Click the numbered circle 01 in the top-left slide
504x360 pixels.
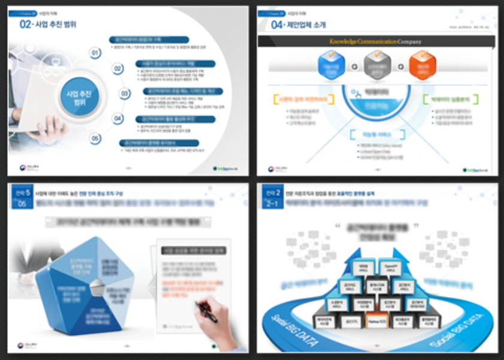pyautogui.click(x=95, y=53)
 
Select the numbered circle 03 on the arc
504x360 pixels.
pyautogui.click(x=125, y=93)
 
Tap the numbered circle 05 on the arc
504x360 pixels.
pyautogui.click(x=95, y=138)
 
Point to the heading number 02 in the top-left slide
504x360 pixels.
pyautogui.click(x=25, y=24)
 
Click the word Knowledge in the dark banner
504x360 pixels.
pyautogui.click(x=343, y=41)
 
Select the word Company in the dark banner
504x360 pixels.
pyautogui.click(x=409, y=41)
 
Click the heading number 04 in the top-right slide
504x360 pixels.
pyautogui.click(x=275, y=24)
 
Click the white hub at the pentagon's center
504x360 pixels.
pyautogui.click(x=95, y=291)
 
